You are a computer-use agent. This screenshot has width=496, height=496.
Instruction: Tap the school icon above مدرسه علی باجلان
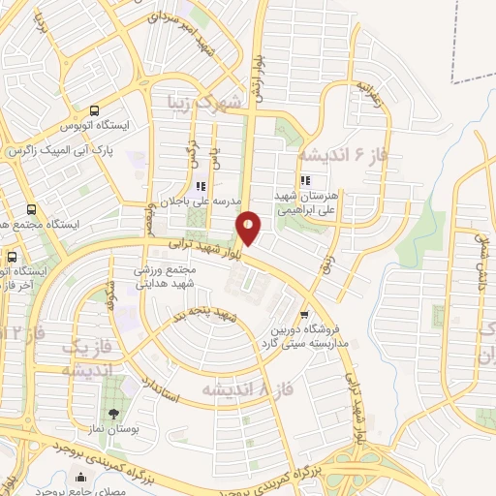pos(201,187)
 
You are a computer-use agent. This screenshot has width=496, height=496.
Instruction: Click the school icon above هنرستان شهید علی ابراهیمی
pos(305,180)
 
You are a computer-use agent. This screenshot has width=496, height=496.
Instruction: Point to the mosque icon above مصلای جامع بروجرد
pos(80,476)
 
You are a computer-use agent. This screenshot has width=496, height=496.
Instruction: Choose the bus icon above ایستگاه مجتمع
pos(31,209)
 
